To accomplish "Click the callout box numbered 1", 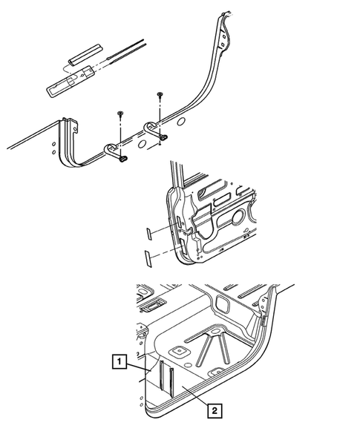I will (117, 363).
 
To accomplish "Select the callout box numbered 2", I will (213, 408).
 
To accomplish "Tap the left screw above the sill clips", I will (120, 114).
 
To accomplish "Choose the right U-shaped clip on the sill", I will (157, 130).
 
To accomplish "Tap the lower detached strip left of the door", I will (148, 256).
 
